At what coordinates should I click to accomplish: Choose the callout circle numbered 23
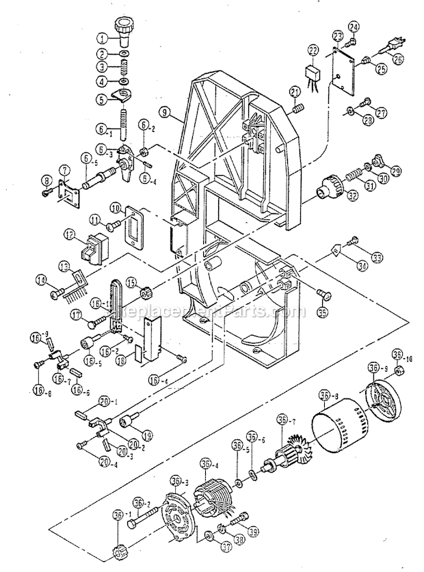(337, 36)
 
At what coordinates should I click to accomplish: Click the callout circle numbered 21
(295, 92)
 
